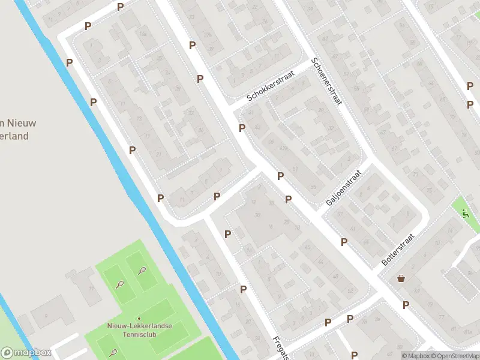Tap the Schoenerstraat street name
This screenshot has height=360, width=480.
click(x=326, y=82)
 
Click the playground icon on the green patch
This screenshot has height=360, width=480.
click(x=465, y=213)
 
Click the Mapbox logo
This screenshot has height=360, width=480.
click(x=26, y=352)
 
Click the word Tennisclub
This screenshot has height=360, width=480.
click(x=139, y=334)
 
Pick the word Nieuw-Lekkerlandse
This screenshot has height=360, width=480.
click(x=139, y=325)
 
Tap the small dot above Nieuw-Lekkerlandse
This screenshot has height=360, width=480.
click(x=139, y=319)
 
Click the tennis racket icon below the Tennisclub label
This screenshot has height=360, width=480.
click(x=113, y=353)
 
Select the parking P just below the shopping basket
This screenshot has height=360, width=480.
click(x=406, y=305)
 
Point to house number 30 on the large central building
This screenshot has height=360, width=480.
click(x=257, y=215)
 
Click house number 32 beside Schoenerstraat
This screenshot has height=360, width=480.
click(x=331, y=128)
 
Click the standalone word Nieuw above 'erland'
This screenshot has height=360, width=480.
click(x=22, y=123)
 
